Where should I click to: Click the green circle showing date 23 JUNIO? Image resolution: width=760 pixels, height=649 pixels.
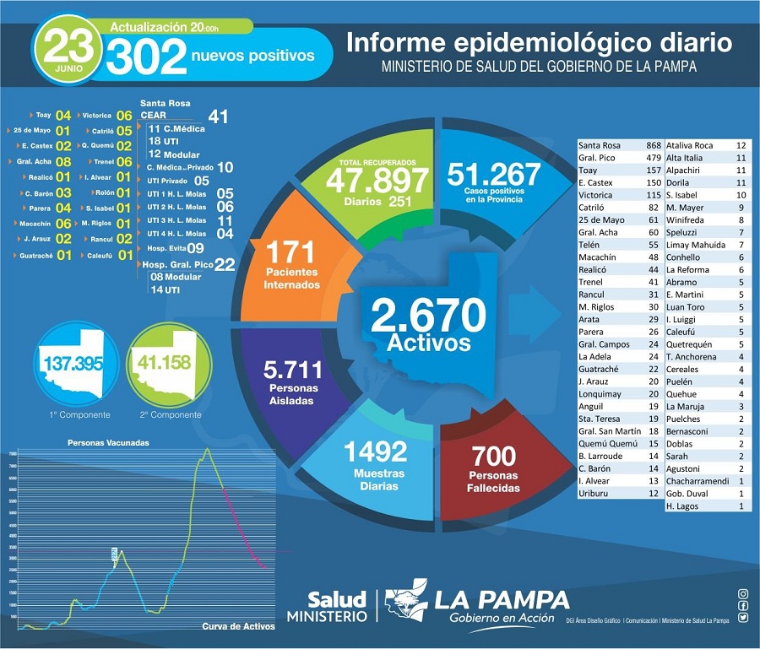click(68, 52)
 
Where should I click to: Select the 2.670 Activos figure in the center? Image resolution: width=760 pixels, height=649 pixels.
click(428, 316)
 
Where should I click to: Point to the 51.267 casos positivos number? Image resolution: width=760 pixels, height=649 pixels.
click(493, 174)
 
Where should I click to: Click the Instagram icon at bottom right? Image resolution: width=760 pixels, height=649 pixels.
click(742, 594)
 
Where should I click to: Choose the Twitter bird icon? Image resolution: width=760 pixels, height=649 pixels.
click(742, 617)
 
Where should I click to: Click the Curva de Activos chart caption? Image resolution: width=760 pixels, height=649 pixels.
click(239, 626)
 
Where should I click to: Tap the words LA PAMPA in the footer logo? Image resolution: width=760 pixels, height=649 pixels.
click(502, 600)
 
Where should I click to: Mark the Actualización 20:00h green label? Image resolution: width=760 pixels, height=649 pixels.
click(166, 27)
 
